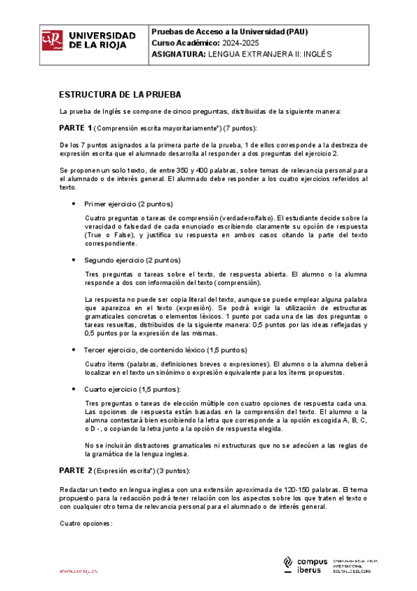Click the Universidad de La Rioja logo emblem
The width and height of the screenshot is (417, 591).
tap(52, 40)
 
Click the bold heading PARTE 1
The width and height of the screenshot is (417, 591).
tap(75, 128)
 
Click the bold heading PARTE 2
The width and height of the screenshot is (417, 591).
tap(75, 470)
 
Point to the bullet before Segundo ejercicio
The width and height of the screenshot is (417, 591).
tap(74, 259)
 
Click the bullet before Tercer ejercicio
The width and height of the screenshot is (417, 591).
tap(74, 349)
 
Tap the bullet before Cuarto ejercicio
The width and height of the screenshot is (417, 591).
tap(74, 388)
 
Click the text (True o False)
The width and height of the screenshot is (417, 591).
tap(110, 235)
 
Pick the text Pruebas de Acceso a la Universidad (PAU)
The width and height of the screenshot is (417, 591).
tap(229, 32)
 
